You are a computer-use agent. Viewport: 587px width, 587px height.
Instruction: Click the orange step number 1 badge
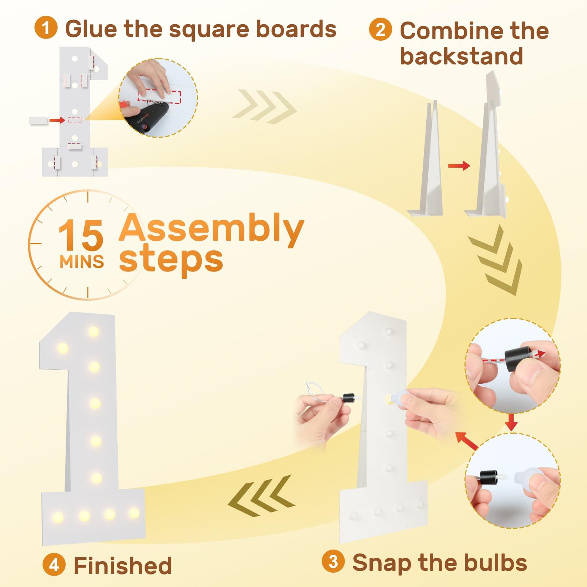[x=46, y=28]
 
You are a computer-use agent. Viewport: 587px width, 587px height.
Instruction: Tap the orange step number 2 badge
[x=380, y=29]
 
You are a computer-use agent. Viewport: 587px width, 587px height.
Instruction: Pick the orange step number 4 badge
[x=54, y=565]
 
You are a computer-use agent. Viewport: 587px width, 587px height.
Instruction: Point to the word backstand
[x=462, y=56]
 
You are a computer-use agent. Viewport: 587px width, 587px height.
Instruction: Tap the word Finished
[x=123, y=565]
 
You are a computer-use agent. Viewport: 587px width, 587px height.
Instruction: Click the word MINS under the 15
[x=81, y=262]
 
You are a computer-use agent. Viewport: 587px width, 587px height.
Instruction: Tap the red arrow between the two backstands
[x=459, y=166]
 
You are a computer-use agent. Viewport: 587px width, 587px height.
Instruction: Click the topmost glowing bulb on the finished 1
[x=94, y=331]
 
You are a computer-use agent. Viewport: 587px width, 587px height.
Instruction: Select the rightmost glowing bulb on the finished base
[x=134, y=513]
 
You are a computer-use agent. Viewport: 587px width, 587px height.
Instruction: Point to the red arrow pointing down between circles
[x=511, y=422]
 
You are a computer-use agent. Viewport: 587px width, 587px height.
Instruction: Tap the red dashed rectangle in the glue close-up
[x=159, y=96]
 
